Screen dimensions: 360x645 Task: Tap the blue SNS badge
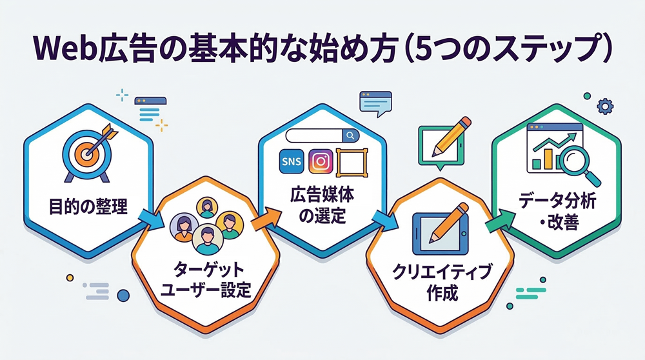click(291, 161)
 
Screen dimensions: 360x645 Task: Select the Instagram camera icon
click(322, 161)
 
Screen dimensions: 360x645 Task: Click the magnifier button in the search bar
click(350, 135)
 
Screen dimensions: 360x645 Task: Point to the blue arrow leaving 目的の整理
click(152, 220)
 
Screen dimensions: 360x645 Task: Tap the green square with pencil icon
click(440, 142)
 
